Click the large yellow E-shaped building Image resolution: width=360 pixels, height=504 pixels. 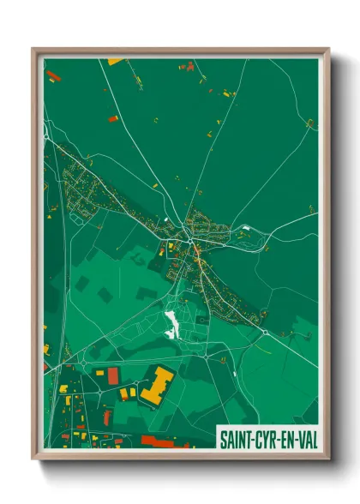tap(155, 385)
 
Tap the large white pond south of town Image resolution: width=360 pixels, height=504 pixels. tap(171, 324)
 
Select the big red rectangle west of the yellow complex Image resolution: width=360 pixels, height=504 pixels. tap(113, 375)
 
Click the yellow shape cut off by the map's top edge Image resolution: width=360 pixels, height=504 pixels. tap(115, 61)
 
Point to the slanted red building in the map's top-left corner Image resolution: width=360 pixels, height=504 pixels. tap(53, 75)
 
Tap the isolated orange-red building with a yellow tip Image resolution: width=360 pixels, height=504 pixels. tap(112, 117)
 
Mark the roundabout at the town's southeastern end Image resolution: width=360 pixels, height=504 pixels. tap(265, 332)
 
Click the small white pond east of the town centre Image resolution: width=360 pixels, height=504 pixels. tap(245, 228)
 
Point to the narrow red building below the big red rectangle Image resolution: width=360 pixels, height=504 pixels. tap(107, 417)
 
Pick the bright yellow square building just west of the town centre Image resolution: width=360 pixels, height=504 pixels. tap(171, 245)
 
